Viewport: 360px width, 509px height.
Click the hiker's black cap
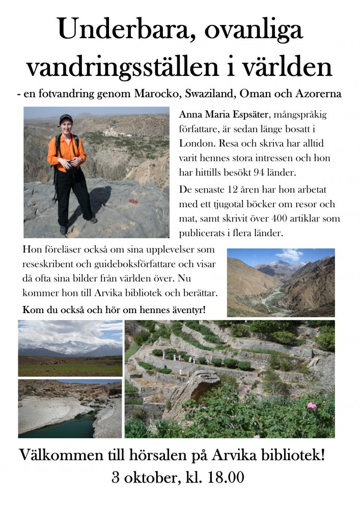coord(66,118)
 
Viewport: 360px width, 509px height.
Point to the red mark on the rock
coord(133,202)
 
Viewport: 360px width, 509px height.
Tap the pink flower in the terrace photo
coord(312,406)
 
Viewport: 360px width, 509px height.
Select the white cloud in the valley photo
coord(290,254)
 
